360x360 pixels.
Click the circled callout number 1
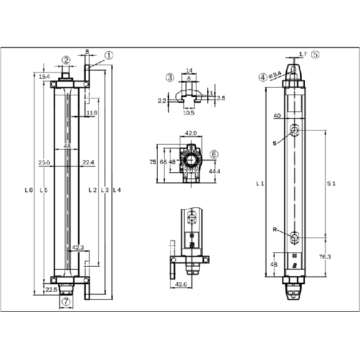click(x=109, y=55)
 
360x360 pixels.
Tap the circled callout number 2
click(x=66, y=60)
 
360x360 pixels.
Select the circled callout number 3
click(x=170, y=78)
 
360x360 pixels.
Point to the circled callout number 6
click(x=214, y=154)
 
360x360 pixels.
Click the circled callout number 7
click(x=66, y=301)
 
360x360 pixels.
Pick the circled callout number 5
click(x=316, y=54)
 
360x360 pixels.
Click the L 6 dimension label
click(x=29, y=190)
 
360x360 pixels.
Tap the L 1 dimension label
click(x=260, y=183)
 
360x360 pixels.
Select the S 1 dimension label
click(x=331, y=183)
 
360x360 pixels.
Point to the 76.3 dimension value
click(x=325, y=257)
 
